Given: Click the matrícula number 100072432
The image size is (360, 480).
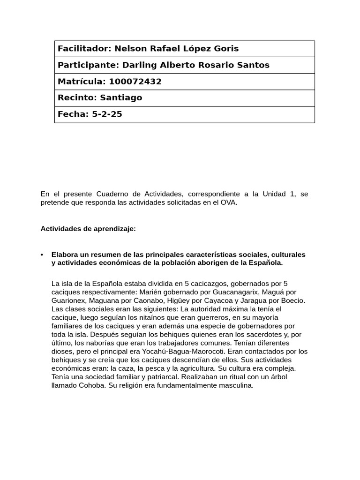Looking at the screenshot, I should click(135, 82).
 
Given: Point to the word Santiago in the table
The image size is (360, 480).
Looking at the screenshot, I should click(121, 98).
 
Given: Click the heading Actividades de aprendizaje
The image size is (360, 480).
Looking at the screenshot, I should click(88, 229).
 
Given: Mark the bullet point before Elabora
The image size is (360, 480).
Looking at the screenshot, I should click(42, 255).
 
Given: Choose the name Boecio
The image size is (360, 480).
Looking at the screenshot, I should click(292, 300).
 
